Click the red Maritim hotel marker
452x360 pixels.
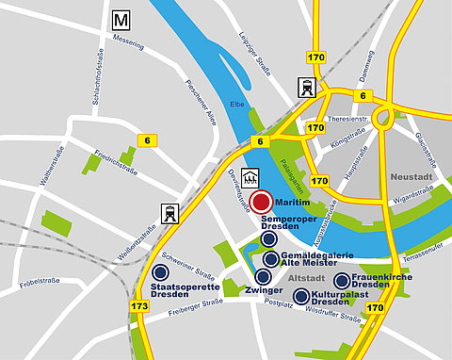[x=261, y=201]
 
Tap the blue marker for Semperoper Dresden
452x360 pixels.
[x=269, y=240]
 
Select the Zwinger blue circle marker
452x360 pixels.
[x=263, y=276]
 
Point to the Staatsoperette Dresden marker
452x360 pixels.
[x=172, y=271]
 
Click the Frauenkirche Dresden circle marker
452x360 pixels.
[x=342, y=280]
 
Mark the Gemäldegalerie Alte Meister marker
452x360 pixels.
[x=271, y=258]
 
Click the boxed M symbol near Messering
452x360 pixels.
[x=120, y=20]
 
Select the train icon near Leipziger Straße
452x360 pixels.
[x=307, y=88]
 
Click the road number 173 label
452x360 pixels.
[x=140, y=307]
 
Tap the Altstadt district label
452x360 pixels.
[x=307, y=279]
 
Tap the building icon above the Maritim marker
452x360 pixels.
[x=251, y=176]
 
